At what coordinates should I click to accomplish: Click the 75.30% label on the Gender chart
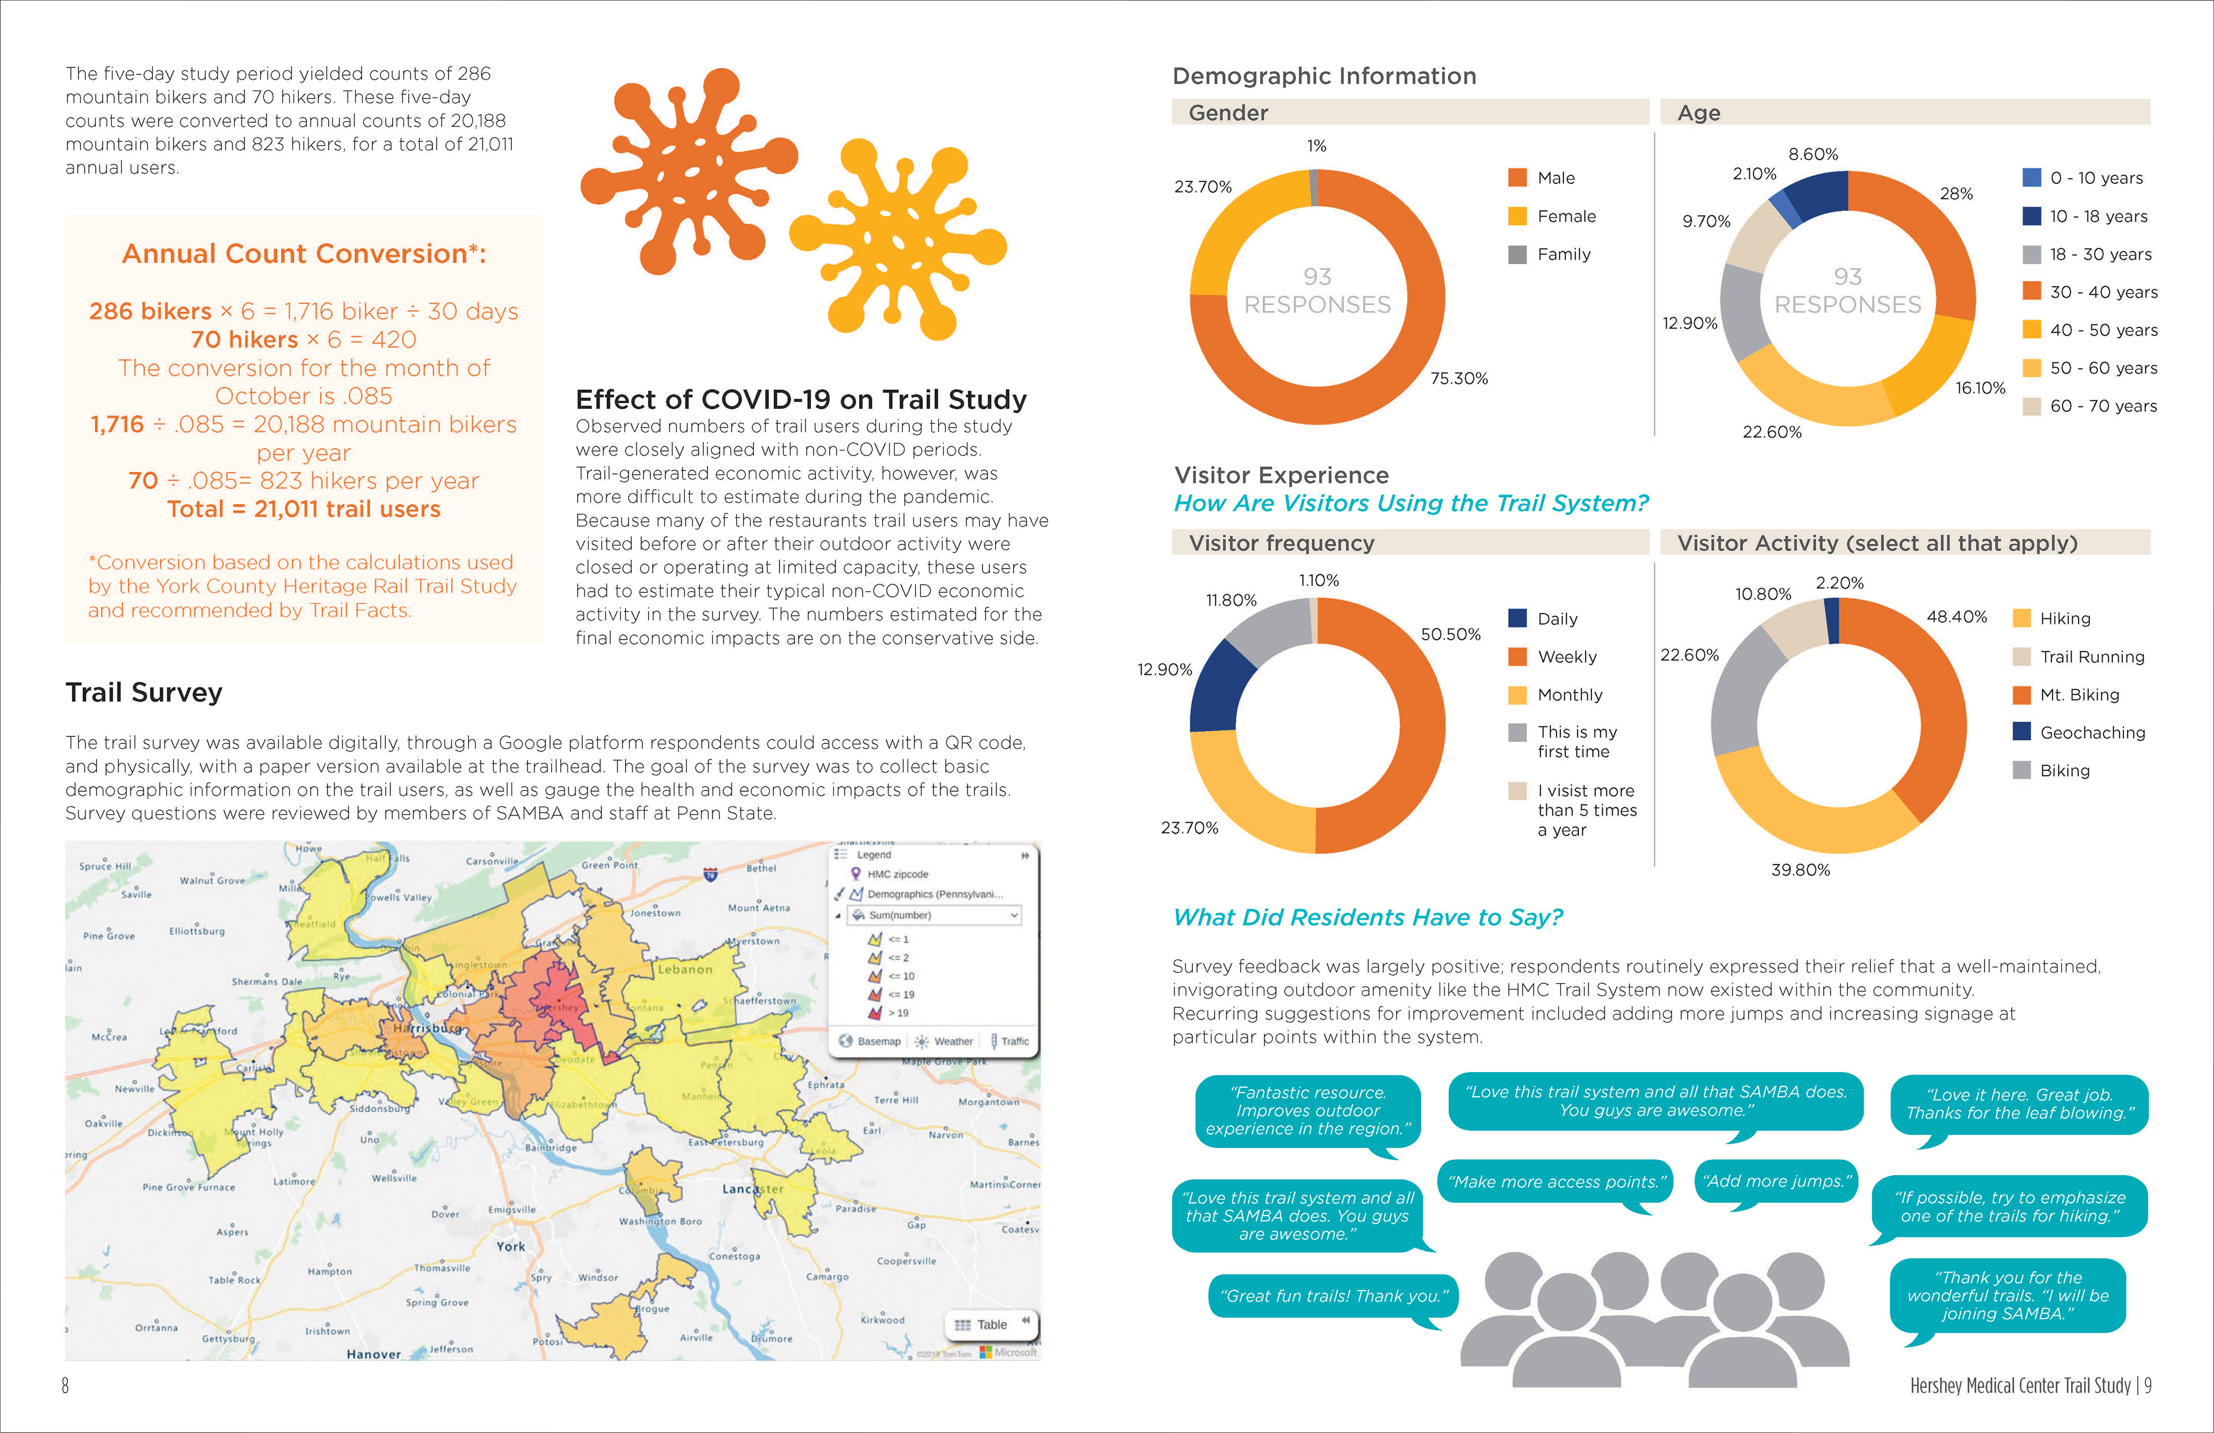click(1459, 378)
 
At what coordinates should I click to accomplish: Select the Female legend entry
click(1565, 216)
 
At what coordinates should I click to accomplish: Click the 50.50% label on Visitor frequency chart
click(1450, 634)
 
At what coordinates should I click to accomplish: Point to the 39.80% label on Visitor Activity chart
click(1800, 869)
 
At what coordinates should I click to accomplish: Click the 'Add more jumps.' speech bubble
click(1776, 1181)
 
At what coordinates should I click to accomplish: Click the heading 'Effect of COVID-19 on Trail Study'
click(801, 399)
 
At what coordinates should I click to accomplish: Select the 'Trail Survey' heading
click(144, 693)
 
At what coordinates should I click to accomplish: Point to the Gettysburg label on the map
click(228, 1338)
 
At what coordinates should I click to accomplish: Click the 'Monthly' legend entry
click(1569, 694)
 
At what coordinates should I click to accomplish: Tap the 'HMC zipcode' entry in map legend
click(897, 874)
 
